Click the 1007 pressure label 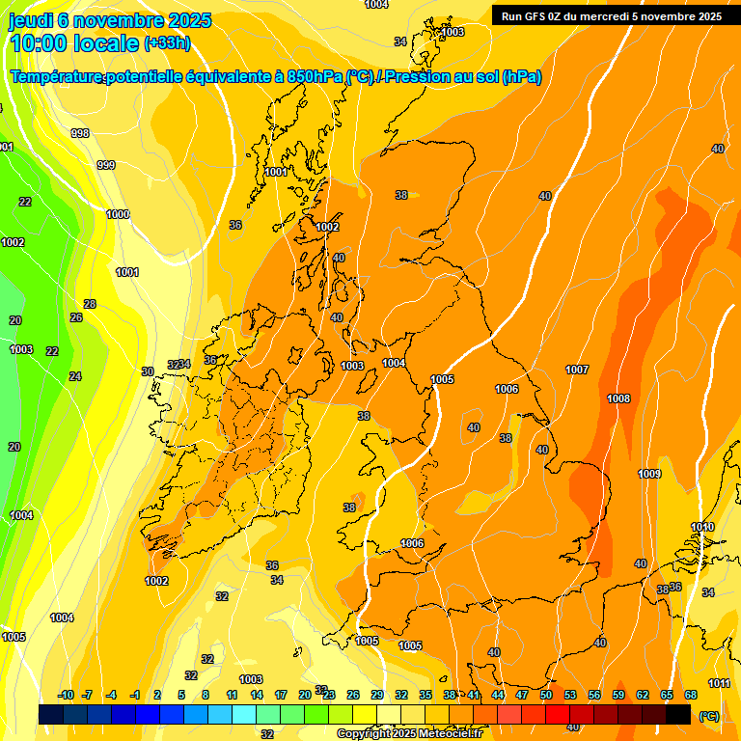577,370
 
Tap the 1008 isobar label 618,398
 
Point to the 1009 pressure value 649,474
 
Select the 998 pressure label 80,133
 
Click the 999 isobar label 106,165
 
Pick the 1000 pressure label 118,214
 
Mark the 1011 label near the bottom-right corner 719,683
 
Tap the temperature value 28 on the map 90,304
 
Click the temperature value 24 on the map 75,376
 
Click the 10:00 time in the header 39,43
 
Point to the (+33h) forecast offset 167,43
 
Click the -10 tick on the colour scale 66,695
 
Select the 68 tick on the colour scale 691,695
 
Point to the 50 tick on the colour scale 546,695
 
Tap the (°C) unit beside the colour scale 709,716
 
